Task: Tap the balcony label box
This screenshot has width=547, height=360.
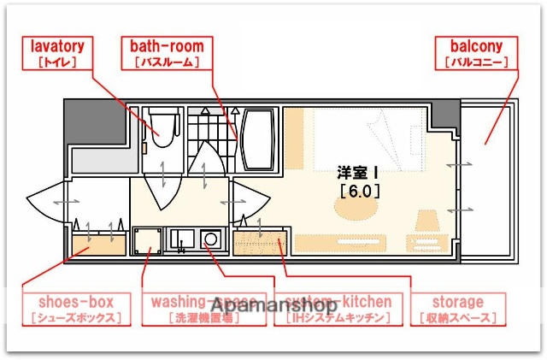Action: tap(475, 53)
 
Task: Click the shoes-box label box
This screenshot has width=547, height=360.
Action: tap(76, 310)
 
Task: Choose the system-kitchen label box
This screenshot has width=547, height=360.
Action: tap(340, 310)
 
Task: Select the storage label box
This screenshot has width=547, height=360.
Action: tap(457, 310)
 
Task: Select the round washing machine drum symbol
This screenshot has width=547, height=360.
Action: tap(209, 240)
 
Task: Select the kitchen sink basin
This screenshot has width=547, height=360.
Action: tap(182, 239)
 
